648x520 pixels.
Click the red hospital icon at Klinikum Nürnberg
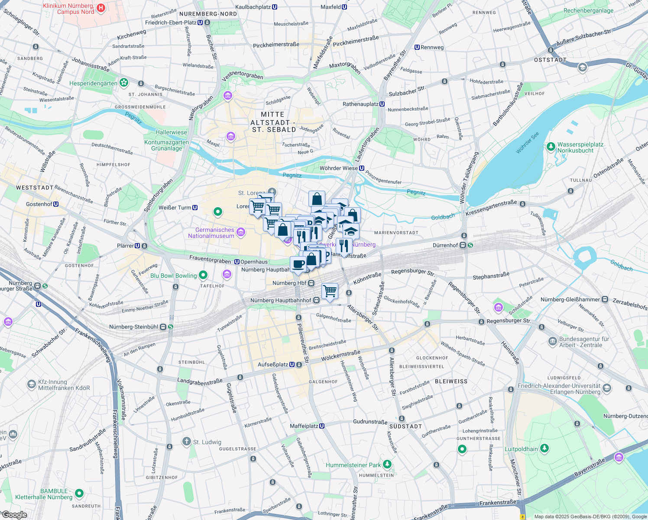pyautogui.click(x=100, y=8)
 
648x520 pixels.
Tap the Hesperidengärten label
pyautogui.click(x=93, y=83)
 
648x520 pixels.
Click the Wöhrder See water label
pyautogui.click(x=527, y=143)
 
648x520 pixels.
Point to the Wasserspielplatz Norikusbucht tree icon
pyautogui.click(x=551, y=147)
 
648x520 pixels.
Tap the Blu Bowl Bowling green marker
pyautogui.click(x=203, y=275)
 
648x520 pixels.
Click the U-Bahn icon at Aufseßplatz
pyautogui.click(x=292, y=365)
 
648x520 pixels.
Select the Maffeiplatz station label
pyautogui.click(x=304, y=426)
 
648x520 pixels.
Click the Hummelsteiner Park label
pyautogui.click(x=353, y=465)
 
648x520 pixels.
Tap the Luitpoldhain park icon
pyautogui.click(x=544, y=448)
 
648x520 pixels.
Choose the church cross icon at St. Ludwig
pyautogui.click(x=186, y=441)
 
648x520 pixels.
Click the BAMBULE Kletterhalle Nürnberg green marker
pyautogui.click(x=79, y=493)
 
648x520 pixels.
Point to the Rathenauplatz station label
pyautogui.click(x=360, y=104)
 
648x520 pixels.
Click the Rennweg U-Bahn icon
pyautogui.click(x=417, y=47)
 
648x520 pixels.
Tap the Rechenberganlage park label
pyautogui.click(x=588, y=11)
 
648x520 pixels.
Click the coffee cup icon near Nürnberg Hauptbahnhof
pyautogui.click(x=298, y=264)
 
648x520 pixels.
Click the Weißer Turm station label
pyautogui.click(x=175, y=208)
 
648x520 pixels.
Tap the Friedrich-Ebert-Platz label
pyautogui.click(x=171, y=23)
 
